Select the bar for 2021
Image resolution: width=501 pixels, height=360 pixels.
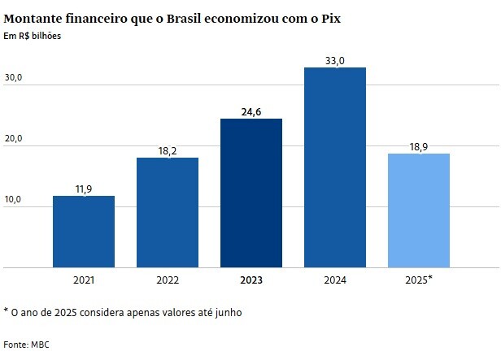[x=83, y=232]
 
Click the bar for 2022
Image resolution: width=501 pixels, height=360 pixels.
[x=167, y=212]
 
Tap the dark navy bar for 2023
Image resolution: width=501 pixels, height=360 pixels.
[x=251, y=193]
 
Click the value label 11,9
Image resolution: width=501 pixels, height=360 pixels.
[x=83, y=189]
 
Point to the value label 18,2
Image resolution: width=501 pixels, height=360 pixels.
[x=167, y=150]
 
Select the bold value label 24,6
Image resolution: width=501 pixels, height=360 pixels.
[x=251, y=111]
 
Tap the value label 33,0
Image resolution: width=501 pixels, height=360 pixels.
[x=335, y=59]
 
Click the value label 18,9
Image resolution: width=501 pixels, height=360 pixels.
[x=419, y=146]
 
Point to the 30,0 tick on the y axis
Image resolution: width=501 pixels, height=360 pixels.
[x=15, y=78]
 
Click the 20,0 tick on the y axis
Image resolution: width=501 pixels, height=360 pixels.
[x=15, y=139]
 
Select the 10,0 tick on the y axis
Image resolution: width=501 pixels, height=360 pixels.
[x=15, y=200]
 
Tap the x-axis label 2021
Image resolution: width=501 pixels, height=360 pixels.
[x=83, y=280]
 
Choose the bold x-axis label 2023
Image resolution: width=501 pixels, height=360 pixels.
[x=251, y=280]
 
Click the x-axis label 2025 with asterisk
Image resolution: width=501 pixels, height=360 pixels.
[x=419, y=280]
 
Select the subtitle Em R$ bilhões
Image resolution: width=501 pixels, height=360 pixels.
[x=32, y=35]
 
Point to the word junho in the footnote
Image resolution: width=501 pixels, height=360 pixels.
[x=225, y=312]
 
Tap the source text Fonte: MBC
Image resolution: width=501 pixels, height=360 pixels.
[x=27, y=345]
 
